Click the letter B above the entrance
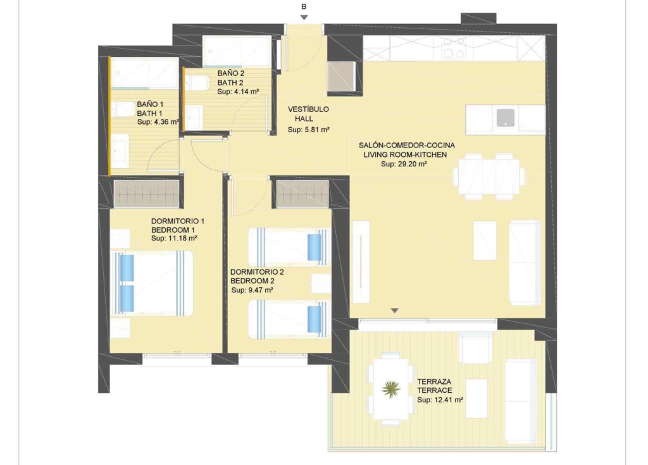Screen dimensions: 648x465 click(x=304, y=6)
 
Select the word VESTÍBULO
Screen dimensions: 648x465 click(x=308, y=109)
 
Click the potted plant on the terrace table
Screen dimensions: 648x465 click(x=391, y=389)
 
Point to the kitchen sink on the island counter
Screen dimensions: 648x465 click(x=506, y=118)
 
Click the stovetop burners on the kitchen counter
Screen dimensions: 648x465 click(x=453, y=49)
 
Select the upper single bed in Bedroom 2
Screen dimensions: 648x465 click(x=289, y=247)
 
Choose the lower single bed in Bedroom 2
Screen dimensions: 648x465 click(x=289, y=319)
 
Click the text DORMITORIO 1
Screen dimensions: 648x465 click(x=178, y=221)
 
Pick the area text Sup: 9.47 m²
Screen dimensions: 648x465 click(x=252, y=290)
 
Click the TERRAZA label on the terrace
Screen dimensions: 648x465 click(x=434, y=381)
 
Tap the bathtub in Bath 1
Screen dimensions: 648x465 click(x=144, y=73)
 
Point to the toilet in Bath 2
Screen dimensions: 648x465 click(x=197, y=83)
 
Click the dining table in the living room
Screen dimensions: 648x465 click(x=489, y=176)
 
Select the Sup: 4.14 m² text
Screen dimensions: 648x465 click(x=238, y=92)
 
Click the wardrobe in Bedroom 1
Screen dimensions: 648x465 click(x=147, y=193)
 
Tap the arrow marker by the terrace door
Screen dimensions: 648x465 click(x=395, y=311)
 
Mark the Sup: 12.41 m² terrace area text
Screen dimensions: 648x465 click(x=440, y=400)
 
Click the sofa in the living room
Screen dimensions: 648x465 click(x=525, y=263)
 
